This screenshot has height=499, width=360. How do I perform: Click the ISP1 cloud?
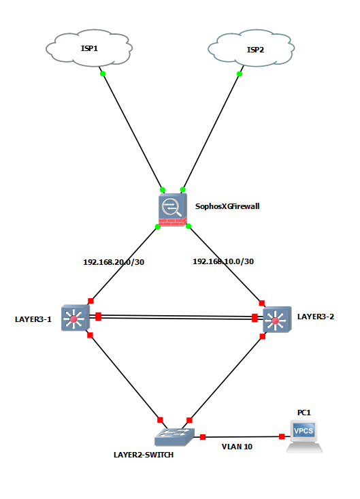coord(89,48)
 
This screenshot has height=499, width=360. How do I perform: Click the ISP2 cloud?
coord(251,48)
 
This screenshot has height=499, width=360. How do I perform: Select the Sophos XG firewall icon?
coord(172,210)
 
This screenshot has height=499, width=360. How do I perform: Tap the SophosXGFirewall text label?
coord(227,206)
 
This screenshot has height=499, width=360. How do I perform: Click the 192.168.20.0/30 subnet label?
coord(114,262)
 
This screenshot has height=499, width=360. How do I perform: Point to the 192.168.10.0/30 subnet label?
coord(223,261)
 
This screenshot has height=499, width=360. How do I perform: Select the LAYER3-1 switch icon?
coord(76,318)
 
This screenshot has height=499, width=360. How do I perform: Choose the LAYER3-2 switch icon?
coord(277,319)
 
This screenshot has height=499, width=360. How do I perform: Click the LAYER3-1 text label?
coord(33,319)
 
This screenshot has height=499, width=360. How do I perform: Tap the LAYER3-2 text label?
coord(316,317)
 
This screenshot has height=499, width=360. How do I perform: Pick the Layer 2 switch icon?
coord(174,436)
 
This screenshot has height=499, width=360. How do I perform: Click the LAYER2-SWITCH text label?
coord(144,455)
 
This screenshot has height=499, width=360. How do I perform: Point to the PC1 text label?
coord(304,413)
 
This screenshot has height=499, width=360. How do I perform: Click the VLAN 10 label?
coord(237,447)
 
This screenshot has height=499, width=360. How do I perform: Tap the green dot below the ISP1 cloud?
coord(103,74)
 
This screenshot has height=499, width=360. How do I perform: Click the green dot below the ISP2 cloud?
coord(240,74)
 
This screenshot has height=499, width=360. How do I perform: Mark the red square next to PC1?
coord(282,436)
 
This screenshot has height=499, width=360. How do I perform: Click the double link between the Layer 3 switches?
coord(176,317)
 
